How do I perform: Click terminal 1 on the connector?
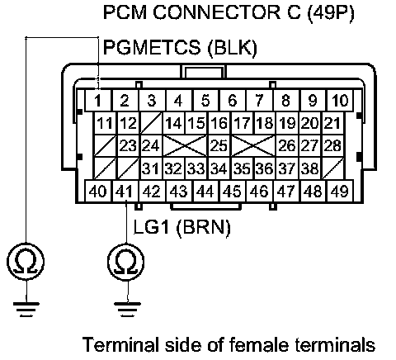(x=98, y=101)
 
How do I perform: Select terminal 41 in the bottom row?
(x=125, y=191)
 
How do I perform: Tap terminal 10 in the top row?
(x=340, y=101)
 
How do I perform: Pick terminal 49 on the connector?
(x=340, y=191)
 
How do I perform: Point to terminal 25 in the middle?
(x=219, y=145)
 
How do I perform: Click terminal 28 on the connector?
(x=332, y=145)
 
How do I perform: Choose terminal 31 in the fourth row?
(x=151, y=168)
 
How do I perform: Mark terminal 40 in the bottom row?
(x=98, y=191)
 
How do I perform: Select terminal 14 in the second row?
(x=174, y=123)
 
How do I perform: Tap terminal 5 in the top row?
(x=205, y=101)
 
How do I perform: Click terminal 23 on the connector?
(x=129, y=145)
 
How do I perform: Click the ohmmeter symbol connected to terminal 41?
(x=126, y=261)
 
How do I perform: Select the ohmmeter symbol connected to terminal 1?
(x=26, y=261)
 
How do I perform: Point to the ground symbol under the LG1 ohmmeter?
(x=127, y=310)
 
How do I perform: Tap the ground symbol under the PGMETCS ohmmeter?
(x=26, y=310)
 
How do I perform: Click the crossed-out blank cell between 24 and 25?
(x=186, y=145)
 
